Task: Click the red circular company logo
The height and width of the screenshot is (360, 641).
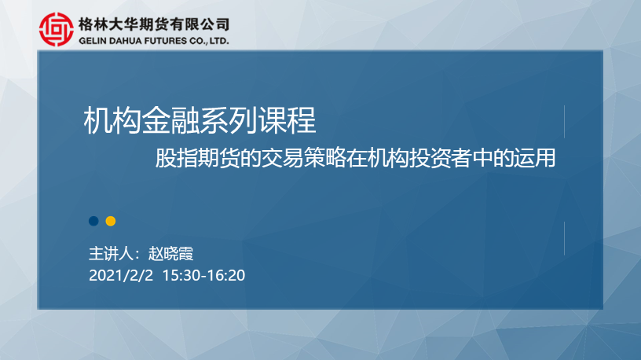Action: tap(57, 29)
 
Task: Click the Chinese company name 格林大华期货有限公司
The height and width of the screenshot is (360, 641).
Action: tap(154, 24)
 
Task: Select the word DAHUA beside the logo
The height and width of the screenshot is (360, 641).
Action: tap(126, 41)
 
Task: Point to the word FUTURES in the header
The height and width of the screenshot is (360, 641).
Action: tap(166, 41)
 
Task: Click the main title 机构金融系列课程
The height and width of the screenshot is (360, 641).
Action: tap(200, 120)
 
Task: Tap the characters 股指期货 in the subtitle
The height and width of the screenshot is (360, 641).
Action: tap(197, 158)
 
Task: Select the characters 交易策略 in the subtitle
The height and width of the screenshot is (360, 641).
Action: tap(303, 158)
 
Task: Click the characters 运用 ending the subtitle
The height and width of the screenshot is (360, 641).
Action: tap(535, 158)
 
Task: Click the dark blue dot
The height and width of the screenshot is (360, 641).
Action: tap(93, 221)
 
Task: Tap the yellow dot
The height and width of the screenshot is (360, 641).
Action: tap(111, 221)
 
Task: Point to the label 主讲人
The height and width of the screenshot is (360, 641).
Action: tap(112, 254)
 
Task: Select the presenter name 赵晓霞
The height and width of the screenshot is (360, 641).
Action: tap(171, 254)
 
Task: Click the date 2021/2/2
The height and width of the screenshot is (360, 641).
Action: tap(121, 275)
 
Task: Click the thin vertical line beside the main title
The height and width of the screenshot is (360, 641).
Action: tap(564, 122)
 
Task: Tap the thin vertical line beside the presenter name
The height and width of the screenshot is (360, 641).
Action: tap(564, 238)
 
